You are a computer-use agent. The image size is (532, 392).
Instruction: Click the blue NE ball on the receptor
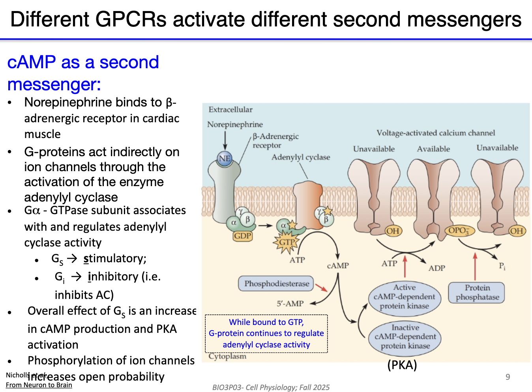pos(225,159)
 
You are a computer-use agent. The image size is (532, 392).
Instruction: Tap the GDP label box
pos(242,236)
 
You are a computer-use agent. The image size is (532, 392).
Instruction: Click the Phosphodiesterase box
pos(276,284)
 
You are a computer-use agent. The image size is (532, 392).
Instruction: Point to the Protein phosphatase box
pos(477,293)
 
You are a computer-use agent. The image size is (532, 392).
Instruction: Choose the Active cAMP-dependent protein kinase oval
pos(404,297)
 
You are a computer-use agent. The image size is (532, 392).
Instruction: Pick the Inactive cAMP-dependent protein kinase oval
pos(405,337)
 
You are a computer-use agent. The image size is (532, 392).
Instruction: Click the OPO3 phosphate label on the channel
pos(458,231)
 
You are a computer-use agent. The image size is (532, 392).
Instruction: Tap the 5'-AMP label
pos(290,304)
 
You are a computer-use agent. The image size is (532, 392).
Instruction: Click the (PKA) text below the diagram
pos(402,365)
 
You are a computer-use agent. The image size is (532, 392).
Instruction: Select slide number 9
pos(508,377)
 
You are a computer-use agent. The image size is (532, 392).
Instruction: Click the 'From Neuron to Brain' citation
pos(39,385)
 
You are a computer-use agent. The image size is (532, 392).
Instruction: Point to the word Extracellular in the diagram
pos(230,110)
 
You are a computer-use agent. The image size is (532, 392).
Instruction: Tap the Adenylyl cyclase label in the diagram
pos(301,157)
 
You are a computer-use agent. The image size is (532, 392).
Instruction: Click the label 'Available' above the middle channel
pos(433,149)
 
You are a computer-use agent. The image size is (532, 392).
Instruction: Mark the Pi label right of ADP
pos(502,266)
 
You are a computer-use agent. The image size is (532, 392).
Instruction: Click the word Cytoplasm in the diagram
pos(227,356)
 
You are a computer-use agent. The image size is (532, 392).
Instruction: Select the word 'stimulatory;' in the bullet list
pos(115,258)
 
